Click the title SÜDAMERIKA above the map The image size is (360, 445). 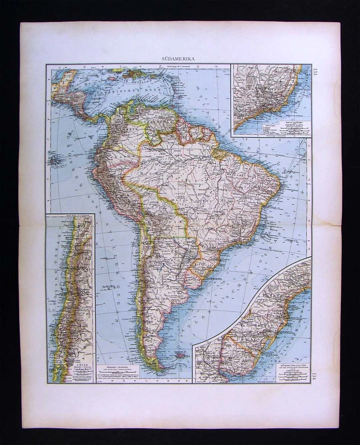[x=178, y=59]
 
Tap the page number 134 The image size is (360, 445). [x=315, y=374]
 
